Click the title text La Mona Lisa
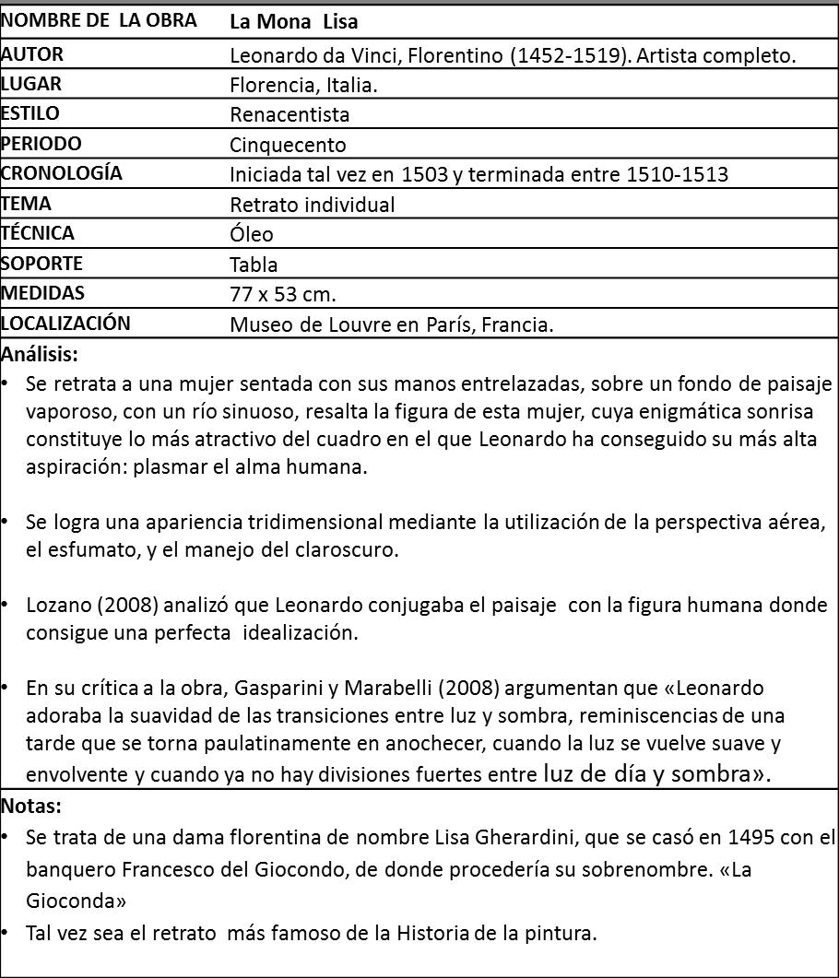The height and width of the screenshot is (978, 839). (294, 21)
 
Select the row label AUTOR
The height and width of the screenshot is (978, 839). (32, 54)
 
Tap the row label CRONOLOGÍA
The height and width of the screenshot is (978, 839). (62, 173)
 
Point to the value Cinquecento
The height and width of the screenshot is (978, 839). (288, 145)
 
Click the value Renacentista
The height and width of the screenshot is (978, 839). (290, 115)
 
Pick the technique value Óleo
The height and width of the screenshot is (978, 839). (252, 234)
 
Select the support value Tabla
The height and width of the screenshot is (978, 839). (254, 265)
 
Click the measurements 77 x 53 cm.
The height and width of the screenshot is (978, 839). (283, 295)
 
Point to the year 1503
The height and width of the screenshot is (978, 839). (428, 174)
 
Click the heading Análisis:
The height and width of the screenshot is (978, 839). (40, 353)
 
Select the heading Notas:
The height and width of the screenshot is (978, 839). (31, 806)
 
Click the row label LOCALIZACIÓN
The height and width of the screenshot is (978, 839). (65, 324)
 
